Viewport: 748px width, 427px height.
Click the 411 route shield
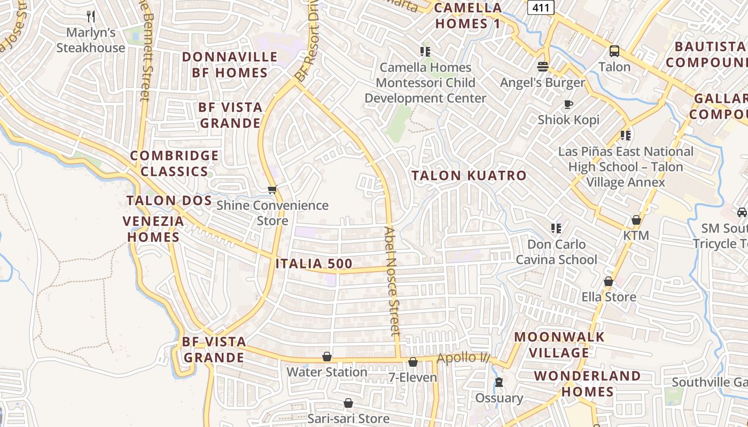541,7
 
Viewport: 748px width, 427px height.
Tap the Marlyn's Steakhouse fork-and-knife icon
91,17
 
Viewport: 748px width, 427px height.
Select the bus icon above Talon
614,51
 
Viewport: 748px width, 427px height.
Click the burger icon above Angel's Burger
543,67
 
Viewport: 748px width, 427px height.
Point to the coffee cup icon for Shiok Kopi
568,104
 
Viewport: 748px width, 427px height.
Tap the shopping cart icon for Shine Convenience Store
272,189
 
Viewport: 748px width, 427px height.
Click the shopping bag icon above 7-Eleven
412,362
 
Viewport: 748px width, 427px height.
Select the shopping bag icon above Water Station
326,356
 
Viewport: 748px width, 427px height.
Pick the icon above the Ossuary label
499,382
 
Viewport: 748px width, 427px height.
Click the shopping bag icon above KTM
636,219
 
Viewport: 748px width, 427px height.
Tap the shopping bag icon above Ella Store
608,281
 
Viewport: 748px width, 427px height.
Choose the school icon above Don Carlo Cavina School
556,228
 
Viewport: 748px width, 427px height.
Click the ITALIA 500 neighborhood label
314,264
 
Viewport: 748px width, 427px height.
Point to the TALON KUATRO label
469,176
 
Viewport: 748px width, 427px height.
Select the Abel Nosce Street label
392,281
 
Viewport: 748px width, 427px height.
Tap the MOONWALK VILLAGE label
559,345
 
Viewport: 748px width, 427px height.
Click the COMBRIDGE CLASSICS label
174,163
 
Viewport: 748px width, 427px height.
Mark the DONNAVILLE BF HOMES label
230,65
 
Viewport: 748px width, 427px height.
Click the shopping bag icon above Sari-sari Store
348,402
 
